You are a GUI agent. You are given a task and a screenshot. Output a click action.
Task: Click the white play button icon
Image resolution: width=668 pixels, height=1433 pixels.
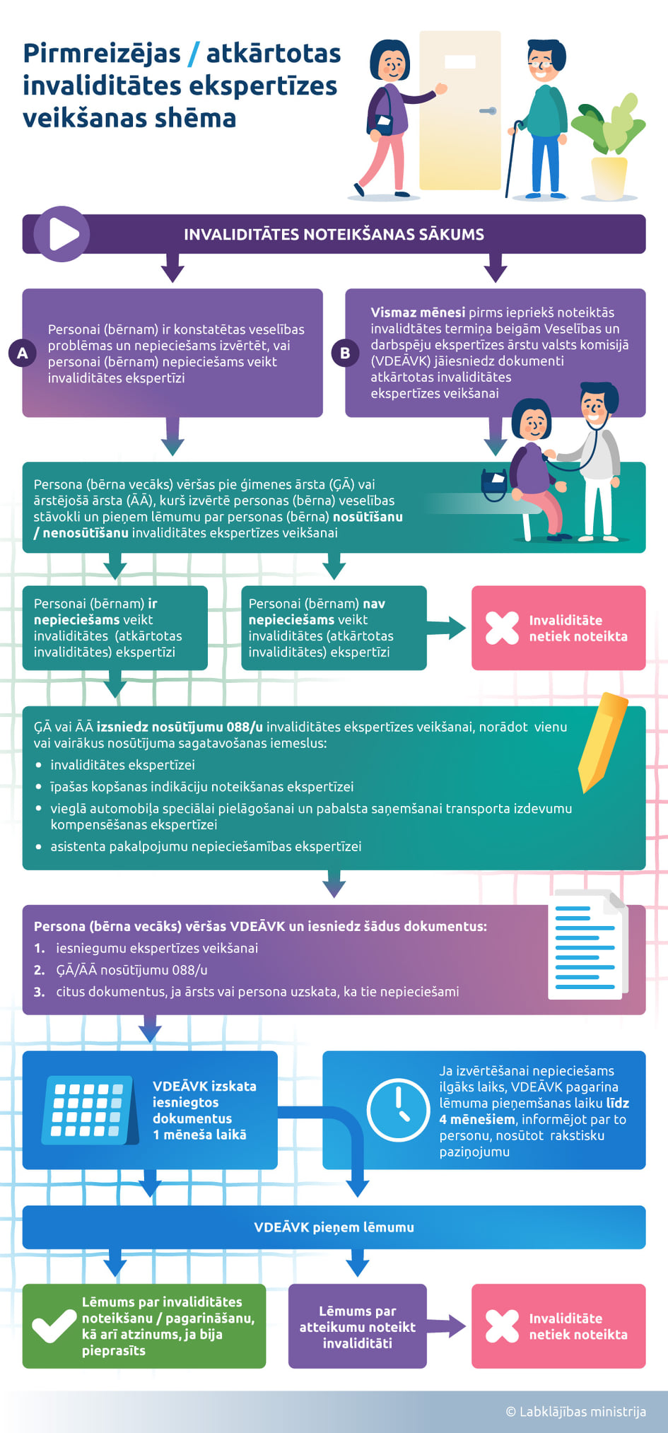[64, 234]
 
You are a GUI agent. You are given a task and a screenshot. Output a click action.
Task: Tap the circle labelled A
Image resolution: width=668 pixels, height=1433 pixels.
[22, 353]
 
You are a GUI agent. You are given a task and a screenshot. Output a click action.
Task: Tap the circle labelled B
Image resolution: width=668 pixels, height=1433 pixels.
[345, 353]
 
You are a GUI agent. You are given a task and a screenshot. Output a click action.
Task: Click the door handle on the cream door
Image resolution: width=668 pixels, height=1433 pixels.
[488, 111]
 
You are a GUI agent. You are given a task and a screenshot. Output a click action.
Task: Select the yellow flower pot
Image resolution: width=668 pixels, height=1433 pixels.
[609, 177]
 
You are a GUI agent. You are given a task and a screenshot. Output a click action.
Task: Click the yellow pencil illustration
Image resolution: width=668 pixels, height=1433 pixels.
[602, 742]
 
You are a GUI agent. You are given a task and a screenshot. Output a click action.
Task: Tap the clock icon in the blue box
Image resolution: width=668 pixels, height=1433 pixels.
[398, 1110]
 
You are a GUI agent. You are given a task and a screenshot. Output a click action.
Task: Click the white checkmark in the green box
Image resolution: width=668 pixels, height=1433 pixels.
[54, 1326]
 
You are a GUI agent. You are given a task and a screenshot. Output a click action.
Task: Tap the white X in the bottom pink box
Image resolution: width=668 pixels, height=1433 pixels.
[503, 1326]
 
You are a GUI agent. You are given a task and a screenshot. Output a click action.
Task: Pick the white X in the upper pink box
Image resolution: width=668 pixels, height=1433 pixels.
[503, 628]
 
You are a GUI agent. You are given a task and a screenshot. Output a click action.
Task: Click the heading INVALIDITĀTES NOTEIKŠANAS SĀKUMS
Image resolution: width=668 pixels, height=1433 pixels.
[334, 234]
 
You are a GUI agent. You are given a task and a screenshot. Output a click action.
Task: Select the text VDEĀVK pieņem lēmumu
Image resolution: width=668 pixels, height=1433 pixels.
[334, 1227]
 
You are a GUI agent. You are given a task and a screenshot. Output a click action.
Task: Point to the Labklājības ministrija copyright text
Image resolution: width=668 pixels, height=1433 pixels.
[576, 1412]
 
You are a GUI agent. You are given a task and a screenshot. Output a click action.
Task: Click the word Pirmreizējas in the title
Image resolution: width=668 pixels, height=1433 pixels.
[102, 54]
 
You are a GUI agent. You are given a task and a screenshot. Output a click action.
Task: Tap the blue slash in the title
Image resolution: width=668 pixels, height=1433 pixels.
[193, 54]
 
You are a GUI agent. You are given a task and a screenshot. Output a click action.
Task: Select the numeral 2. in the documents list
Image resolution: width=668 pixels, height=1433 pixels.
[40, 970]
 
